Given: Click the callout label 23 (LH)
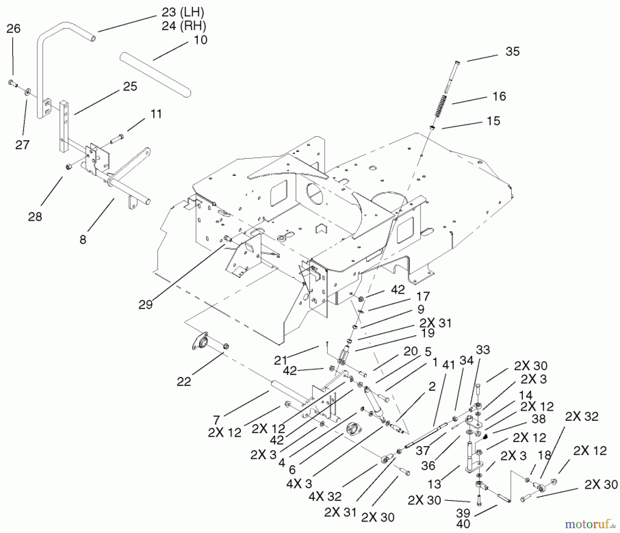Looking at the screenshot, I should pyautogui.click(x=183, y=13).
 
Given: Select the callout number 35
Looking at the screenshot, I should pyautogui.click(x=512, y=52).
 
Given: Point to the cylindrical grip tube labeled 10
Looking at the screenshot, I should pyautogui.click(x=155, y=74).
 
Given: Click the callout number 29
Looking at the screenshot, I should pyautogui.click(x=145, y=305).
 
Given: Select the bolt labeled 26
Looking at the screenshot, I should pyautogui.click(x=12, y=83).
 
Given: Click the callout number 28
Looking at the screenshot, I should pyautogui.click(x=35, y=216).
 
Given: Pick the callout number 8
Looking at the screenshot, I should pyautogui.click(x=83, y=239).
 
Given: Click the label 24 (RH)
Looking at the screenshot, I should pyautogui.click(x=184, y=26).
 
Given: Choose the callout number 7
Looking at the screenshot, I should pyautogui.click(x=216, y=420).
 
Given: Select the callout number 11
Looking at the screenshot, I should pyautogui.click(x=156, y=114).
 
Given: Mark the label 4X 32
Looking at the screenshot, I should pyautogui.click(x=325, y=496).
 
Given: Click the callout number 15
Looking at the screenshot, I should pyautogui.click(x=493, y=121).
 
